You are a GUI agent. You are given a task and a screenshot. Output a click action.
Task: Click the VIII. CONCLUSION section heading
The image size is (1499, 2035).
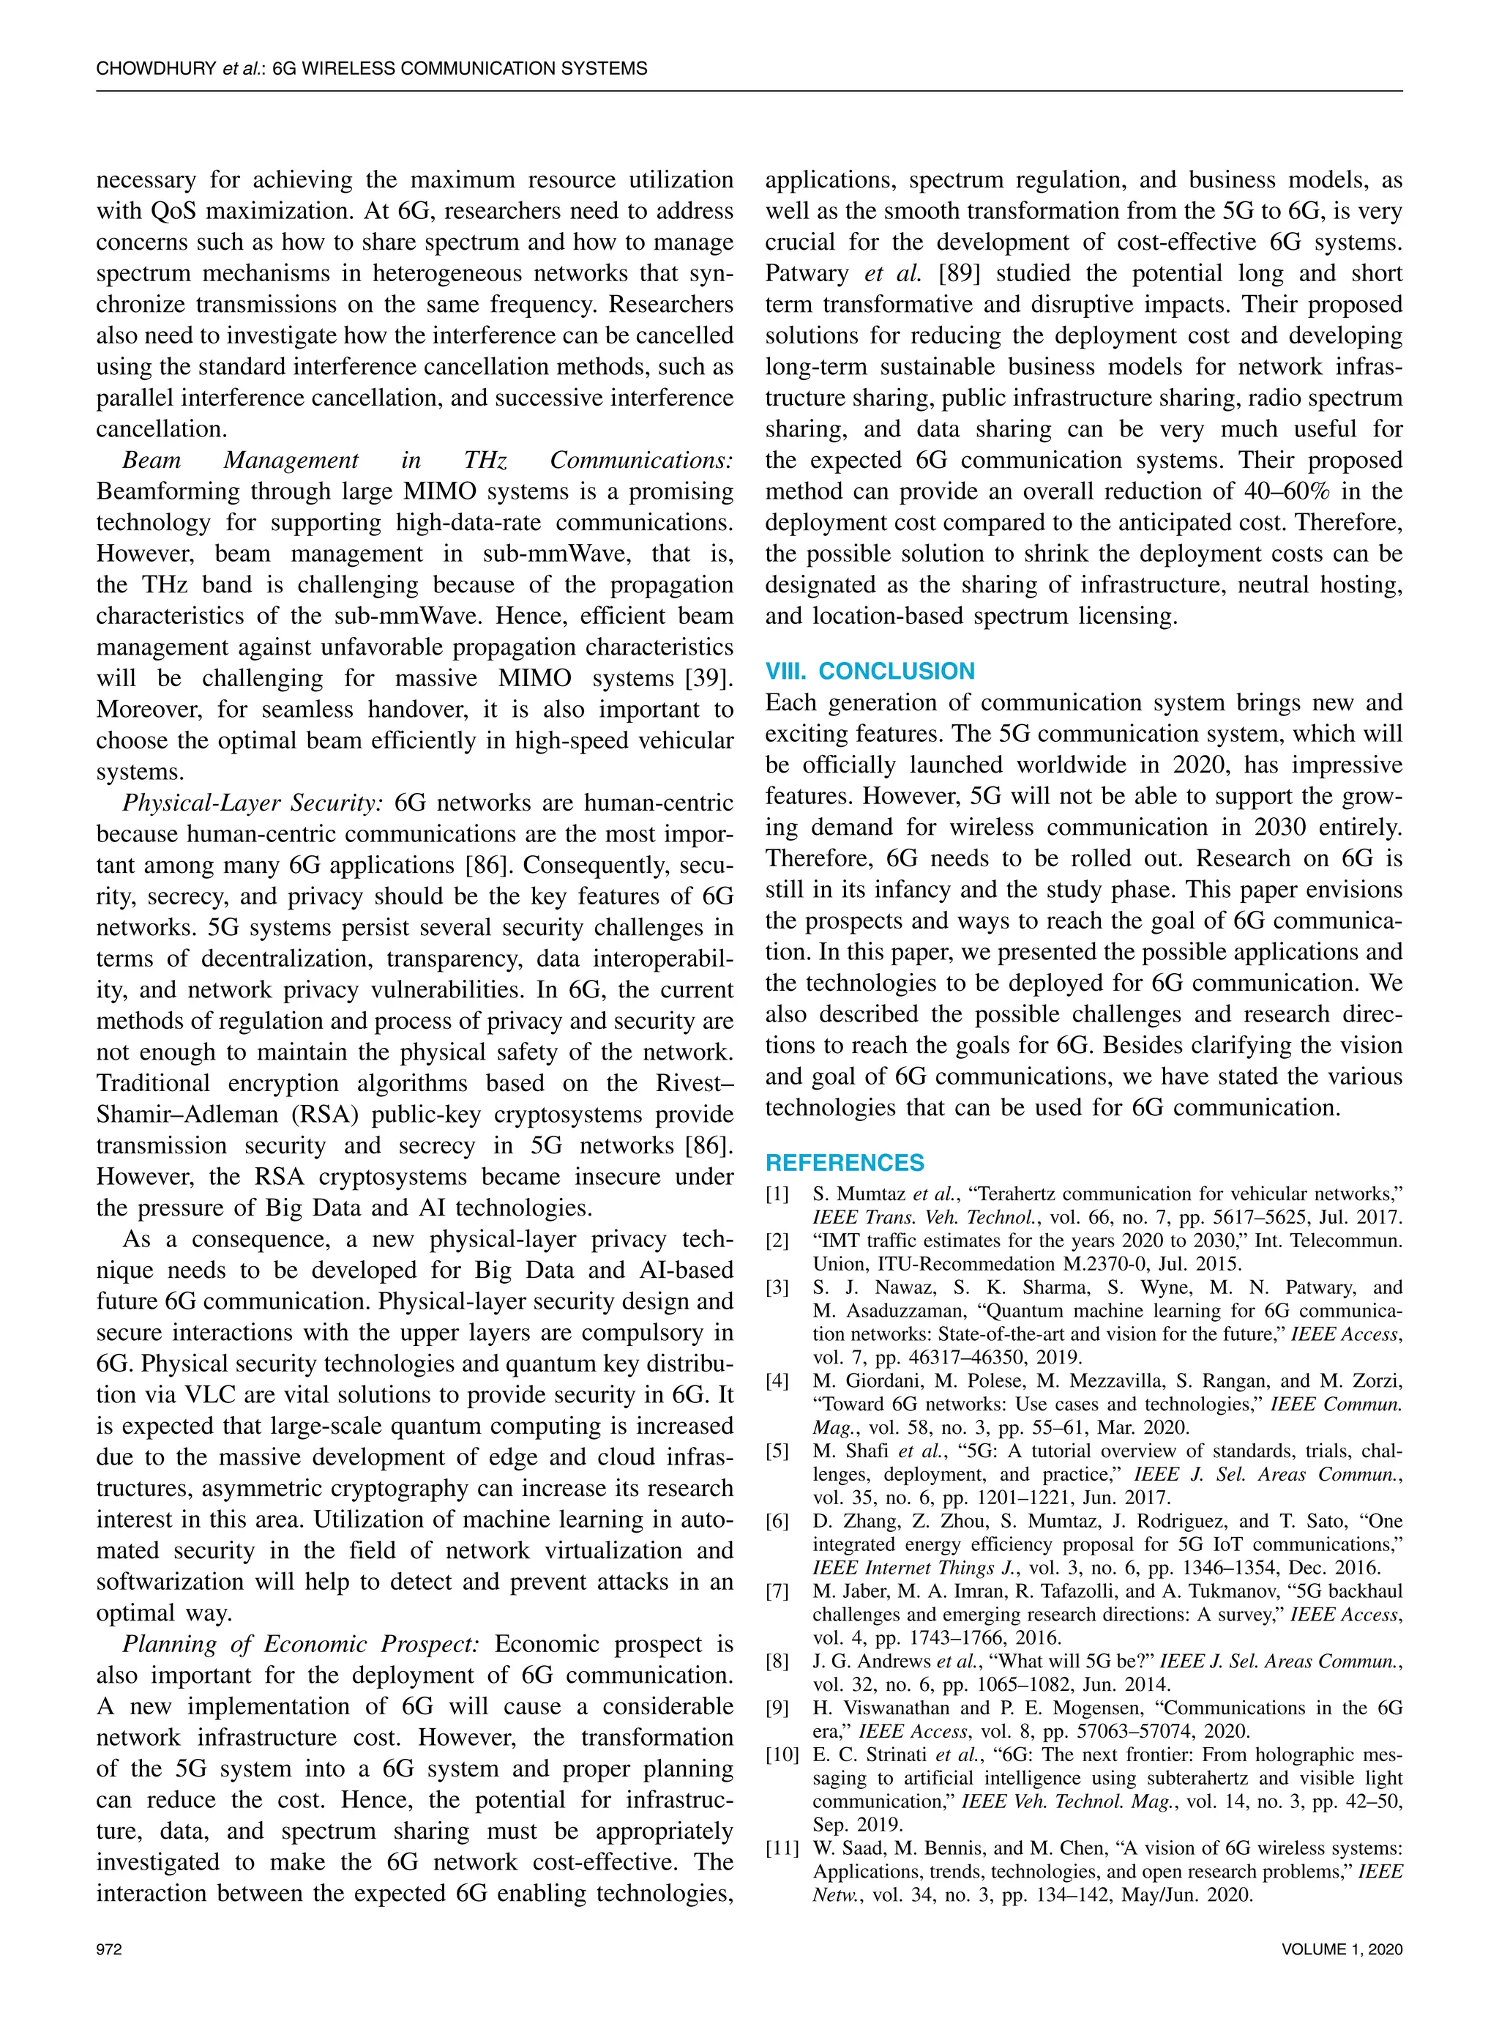pos(870,671)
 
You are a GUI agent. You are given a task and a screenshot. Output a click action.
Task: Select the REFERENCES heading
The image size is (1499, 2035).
pos(845,1164)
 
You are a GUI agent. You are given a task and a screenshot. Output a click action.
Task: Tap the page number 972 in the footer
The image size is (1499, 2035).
pos(109,1949)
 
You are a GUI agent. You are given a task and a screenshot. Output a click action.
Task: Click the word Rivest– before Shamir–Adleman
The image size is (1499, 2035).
pos(693,1084)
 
